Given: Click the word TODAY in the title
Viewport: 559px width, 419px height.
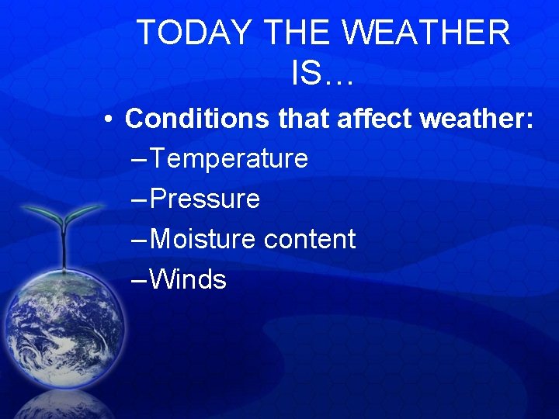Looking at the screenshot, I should (194, 33).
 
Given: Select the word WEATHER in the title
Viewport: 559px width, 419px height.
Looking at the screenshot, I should (426, 33).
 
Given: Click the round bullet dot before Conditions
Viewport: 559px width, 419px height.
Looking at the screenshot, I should (113, 119).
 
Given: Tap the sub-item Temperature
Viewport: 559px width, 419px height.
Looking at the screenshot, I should (229, 159).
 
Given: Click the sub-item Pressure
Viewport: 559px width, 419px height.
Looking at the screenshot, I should (205, 199).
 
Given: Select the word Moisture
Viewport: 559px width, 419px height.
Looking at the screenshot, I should (203, 239).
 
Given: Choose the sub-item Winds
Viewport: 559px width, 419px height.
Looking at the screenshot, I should (188, 279).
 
